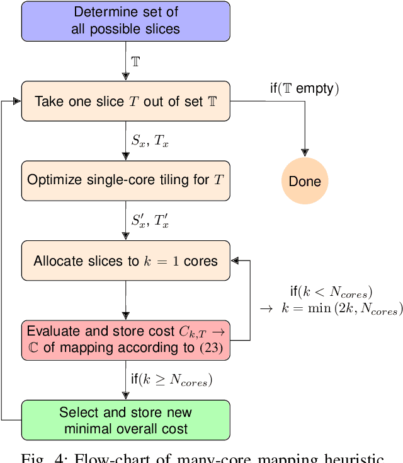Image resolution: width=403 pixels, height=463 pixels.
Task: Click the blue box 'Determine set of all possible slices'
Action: click(126, 20)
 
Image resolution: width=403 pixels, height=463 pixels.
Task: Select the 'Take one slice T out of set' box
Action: click(126, 101)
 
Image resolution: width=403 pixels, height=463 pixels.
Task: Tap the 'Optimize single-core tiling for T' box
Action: click(126, 180)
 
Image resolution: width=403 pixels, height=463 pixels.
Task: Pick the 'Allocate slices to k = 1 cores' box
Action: click(126, 261)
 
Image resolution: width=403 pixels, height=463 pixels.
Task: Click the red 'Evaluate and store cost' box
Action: click(126, 340)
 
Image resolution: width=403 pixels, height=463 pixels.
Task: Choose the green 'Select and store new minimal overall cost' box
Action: click(126, 420)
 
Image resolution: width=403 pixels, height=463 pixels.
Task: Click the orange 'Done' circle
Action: click(305, 182)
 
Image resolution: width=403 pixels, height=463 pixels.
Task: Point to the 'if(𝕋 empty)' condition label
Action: click(305, 89)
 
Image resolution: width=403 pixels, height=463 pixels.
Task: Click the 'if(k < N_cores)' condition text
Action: click(330, 291)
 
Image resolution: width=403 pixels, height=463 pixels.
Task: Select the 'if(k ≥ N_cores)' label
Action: click(171, 380)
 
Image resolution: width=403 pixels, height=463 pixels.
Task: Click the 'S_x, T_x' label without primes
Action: click(150, 142)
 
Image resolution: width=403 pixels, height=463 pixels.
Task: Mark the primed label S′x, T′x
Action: click(150, 221)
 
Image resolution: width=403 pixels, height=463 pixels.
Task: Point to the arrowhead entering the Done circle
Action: click(305, 152)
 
